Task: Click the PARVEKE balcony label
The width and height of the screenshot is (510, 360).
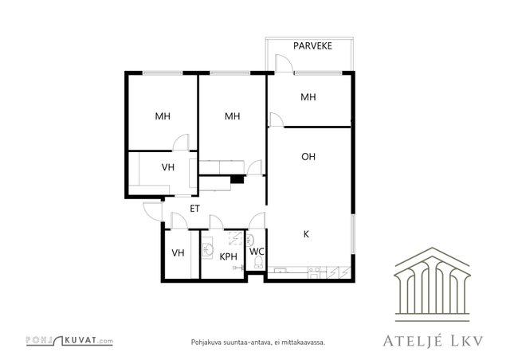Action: pos(312,46)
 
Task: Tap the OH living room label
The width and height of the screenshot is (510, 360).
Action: pos(308,157)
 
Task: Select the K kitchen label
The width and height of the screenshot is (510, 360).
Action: pos(306,234)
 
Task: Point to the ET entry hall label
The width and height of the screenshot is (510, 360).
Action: pos(194,209)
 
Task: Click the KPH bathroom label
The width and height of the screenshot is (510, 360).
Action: pos(229,257)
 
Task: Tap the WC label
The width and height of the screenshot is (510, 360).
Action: pos(257,252)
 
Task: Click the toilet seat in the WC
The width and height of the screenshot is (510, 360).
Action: pos(258,262)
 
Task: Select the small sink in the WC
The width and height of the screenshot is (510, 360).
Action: pos(250,241)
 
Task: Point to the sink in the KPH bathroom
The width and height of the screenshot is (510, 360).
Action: pos(208,250)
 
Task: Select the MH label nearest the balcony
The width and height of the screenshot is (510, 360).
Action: pos(308,97)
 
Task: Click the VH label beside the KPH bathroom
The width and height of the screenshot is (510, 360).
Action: pos(178,252)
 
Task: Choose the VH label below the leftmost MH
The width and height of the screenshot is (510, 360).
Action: pos(168,167)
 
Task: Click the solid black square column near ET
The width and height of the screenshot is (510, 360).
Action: pos(237,179)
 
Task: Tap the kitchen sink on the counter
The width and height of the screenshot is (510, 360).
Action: pos(280,270)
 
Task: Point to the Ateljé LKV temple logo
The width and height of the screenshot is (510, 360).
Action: pos(432,284)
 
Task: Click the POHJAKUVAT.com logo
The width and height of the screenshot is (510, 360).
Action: pos(69,341)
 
